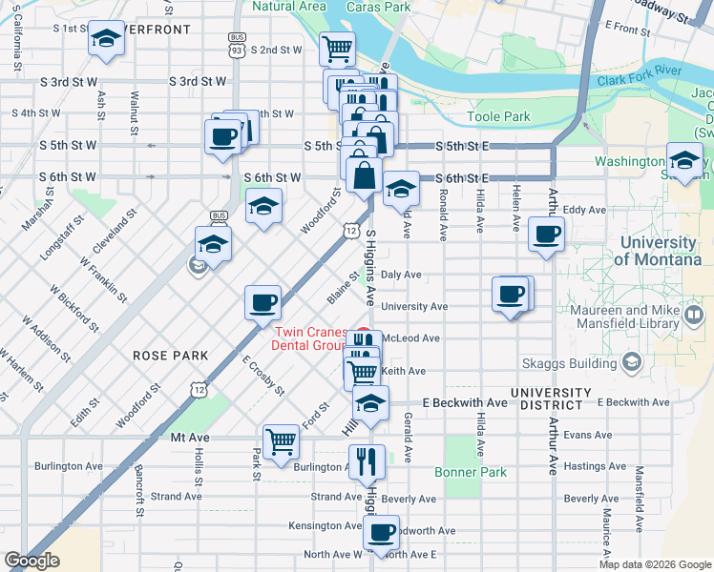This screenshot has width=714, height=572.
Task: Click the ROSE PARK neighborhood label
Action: click(x=170, y=356)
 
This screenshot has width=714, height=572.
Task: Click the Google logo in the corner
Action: click(x=31, y=561)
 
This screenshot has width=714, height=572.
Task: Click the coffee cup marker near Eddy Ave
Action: click(x=546, y=234)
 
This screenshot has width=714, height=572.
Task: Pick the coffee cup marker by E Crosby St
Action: click(x=262, y=303)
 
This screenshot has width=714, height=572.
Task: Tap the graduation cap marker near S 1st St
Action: click(x=106, y=39)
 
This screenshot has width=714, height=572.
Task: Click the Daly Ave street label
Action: click(x=401, y=275)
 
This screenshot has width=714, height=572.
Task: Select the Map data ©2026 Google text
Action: click(x=655, y=564)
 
